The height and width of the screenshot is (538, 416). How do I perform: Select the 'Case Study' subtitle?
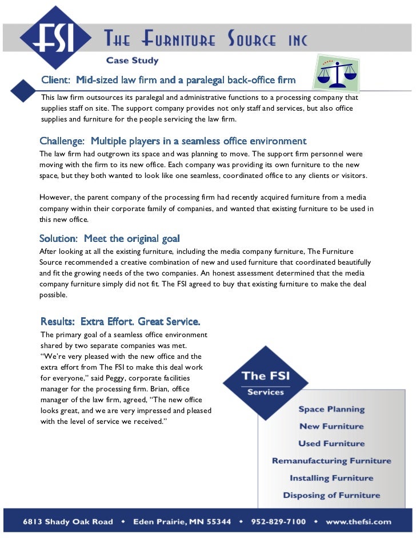click(x=132, y=60)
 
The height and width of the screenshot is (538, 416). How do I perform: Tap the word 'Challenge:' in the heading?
click(x=62, y=141)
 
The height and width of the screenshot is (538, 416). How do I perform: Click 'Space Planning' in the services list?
click(x=331, y=409)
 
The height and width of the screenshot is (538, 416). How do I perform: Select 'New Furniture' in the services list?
click(x=331, y=426)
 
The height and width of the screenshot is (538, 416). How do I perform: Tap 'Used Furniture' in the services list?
click(x=331, y=443)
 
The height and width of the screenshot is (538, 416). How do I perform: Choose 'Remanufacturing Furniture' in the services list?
click(x=331, y=460)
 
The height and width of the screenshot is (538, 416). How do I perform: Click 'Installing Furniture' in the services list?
click(x=331, y=478)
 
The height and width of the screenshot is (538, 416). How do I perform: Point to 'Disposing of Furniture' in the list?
click(x=331, y=495)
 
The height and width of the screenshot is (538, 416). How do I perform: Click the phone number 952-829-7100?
click(x=277, y=521)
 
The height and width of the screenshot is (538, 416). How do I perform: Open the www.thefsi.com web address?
click(x=359, y=521)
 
